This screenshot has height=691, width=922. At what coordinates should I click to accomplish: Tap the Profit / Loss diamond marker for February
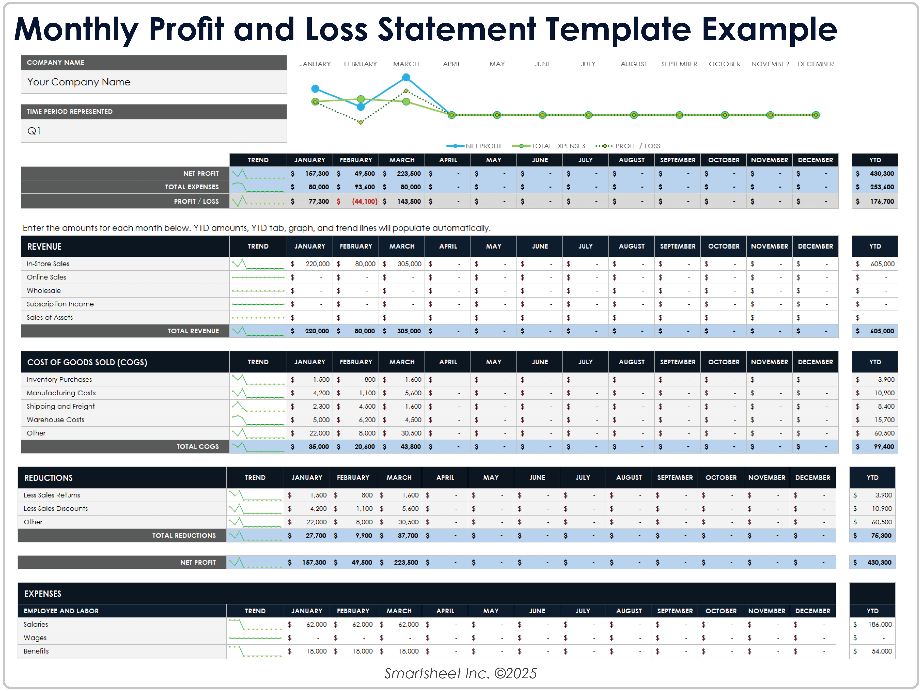click(360, 122)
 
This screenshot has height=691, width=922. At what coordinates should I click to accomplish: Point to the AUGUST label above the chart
click(633, 64)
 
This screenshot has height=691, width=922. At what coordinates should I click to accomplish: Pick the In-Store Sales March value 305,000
click(409, 264)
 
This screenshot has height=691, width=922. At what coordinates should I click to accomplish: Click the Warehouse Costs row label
click(55, 420)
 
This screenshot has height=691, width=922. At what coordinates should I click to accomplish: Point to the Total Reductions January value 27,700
click(316, 535)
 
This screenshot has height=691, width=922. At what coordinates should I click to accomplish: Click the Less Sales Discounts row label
click(56, 508)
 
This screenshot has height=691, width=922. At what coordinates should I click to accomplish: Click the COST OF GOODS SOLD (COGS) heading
click(87, 362)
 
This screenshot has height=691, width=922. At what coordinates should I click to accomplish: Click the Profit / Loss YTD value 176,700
click(882, 201)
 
